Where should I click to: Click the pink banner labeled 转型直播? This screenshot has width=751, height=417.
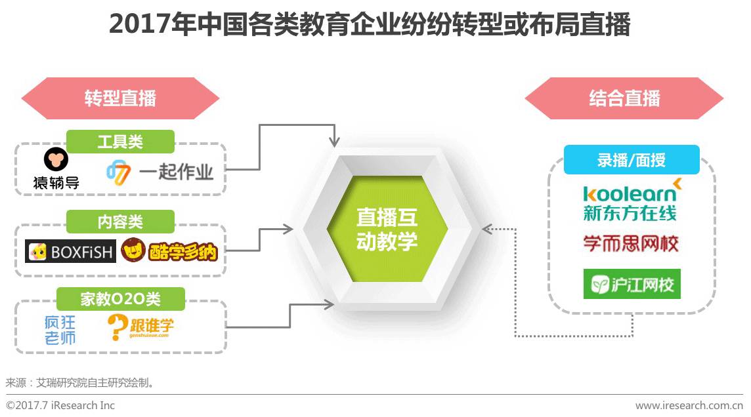120,99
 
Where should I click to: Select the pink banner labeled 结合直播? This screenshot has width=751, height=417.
624,99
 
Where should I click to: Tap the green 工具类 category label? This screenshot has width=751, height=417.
120,141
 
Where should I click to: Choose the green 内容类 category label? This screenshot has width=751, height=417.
120,222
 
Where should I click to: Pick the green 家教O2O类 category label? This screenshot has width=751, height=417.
120,299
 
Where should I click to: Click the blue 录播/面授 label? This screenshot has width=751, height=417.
632,160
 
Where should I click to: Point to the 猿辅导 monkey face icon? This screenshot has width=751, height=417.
56,160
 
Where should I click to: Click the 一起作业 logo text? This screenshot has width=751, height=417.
176,172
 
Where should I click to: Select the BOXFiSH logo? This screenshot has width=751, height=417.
70,252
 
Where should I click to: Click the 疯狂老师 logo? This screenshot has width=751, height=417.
60,330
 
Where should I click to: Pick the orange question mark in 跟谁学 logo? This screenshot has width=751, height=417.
116,327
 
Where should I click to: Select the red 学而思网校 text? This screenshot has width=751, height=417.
631,244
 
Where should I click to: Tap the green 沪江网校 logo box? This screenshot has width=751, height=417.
632,284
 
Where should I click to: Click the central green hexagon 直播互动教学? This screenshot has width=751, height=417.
387,229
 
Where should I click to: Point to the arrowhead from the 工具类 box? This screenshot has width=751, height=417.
335,140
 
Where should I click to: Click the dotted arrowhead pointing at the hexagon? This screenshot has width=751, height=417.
486,229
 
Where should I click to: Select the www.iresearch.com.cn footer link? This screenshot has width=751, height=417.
689,405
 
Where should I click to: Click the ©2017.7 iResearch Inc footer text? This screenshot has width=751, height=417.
60,405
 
